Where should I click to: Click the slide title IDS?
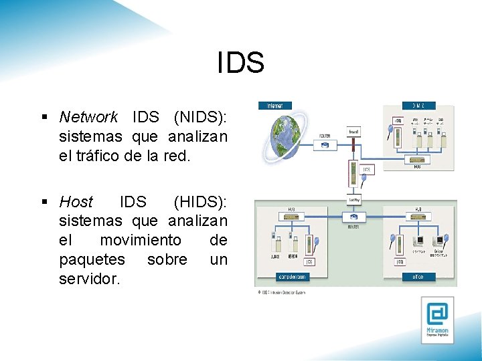[x=241, y=63]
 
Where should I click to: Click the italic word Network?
[x=88, y=118]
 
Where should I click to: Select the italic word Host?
[x=76, y=201]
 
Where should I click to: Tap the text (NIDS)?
[x=200, y=118]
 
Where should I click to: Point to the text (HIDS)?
[x=200, y=201]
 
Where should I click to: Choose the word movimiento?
[x=141, y=240]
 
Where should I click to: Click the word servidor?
[x=90, y=279]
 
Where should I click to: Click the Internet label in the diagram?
[x=275, y=106]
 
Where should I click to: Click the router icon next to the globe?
[x=325, y=144]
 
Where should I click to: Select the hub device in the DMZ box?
[x=417, y=158]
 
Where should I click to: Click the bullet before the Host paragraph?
[x=45, y=201]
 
